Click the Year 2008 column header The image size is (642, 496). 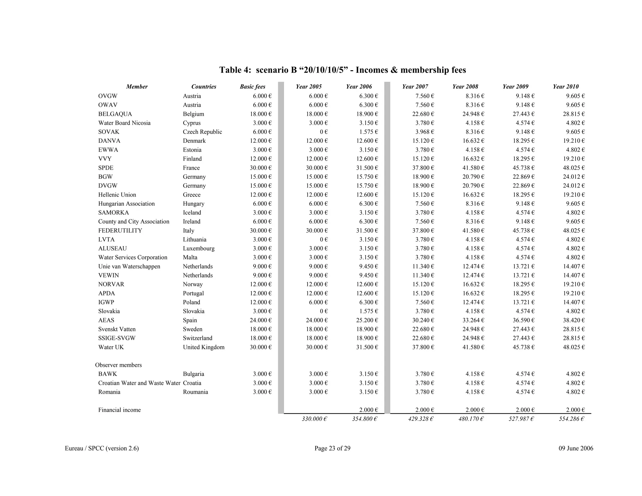coord(465,87)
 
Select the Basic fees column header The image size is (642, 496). coord(252,87)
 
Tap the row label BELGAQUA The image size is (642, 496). coord(115,114)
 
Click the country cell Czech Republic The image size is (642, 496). coord(202,132)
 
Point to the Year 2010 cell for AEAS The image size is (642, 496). coord(574,320)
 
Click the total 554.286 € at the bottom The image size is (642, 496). coord(571,419)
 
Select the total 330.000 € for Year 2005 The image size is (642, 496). coord(314,419)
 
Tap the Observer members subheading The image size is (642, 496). coord(118,365)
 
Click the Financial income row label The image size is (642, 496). coord(119,410)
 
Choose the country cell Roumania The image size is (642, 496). coord(195,392)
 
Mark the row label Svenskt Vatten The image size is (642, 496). coord(117,329)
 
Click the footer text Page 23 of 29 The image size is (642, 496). coord(332,448)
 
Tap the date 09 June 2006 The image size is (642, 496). coord(576,448)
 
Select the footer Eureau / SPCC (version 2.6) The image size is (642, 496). coord(102,448)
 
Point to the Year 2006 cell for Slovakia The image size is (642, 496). coord(368,311)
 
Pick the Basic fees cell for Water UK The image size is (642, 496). coord(260,347)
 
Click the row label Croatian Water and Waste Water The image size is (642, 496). coord(139,383)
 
